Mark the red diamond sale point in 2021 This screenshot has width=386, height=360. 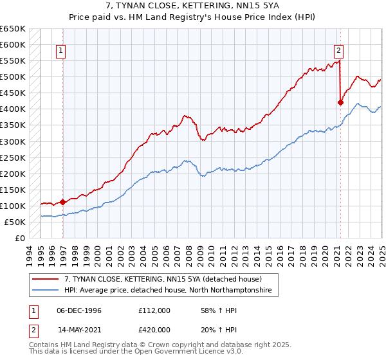[x=341, y=102]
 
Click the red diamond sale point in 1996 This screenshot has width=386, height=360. [x=63, y=201]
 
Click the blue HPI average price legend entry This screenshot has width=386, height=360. [x=168, y=291]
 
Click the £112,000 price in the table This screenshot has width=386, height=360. [x=154, y=310]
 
